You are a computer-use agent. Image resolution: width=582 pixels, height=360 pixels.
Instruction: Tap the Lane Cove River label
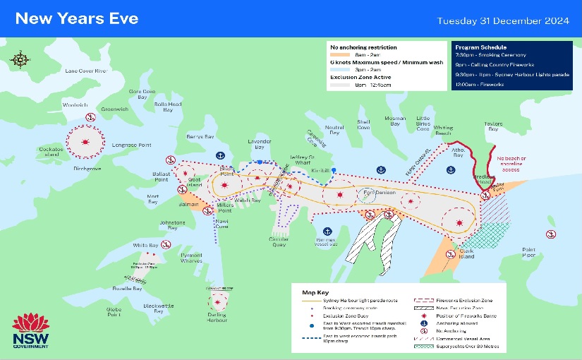(x=85, y=71)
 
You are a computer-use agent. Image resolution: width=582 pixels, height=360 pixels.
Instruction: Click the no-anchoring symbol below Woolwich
(x=90, y=117)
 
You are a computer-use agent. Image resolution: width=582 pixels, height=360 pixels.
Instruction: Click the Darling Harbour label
(x=217, y=318)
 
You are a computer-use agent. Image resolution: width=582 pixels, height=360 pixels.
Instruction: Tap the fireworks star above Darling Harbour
(x=218, y=300)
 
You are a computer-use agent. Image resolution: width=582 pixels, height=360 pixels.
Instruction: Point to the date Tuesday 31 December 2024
(x=502, y=19)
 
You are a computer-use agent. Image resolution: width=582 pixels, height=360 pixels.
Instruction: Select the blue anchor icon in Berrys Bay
(x=219, y=154)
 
